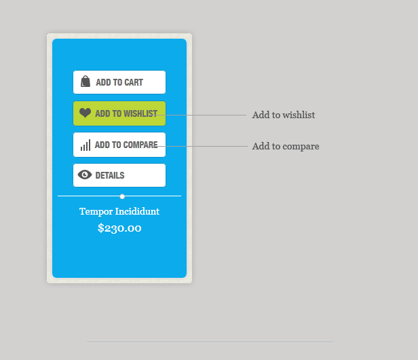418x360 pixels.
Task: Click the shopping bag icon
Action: [85, 81]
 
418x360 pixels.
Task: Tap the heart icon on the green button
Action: [85, 113]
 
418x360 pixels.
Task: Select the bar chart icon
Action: [85, 145]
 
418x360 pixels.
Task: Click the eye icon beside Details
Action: [85, 175]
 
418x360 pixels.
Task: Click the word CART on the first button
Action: [134, 82]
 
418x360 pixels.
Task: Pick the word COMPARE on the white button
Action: [140, 145]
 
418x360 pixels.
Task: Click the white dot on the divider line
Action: [122, 197]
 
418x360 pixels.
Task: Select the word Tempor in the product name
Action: [96, 212]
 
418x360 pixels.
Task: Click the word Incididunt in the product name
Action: [137, 211]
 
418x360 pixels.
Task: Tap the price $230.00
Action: [119, 228]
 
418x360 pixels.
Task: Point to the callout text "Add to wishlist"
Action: [284, 115]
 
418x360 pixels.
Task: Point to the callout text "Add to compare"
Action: [286, 146]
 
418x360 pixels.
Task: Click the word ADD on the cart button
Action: [103, 82]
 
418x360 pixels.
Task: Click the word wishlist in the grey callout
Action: [299, 115]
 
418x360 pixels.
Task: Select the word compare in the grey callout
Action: [301, 147]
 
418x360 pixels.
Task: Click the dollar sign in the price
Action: [100, 228]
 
